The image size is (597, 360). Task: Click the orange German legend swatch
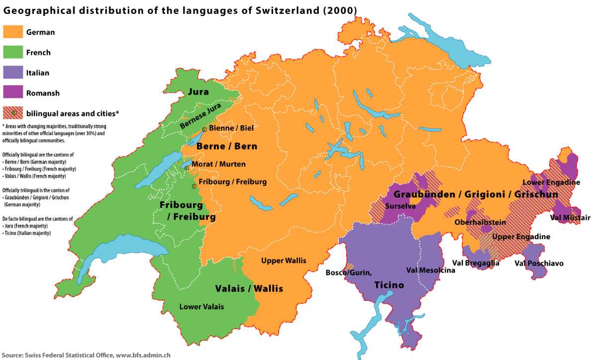pos(13,32)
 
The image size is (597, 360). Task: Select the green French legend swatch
pos(13,52)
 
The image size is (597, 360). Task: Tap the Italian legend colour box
pos(13,73)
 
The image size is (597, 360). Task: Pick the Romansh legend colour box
pos(13,92)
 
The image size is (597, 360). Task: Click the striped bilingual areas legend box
pos(13,113)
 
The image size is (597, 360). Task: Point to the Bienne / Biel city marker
pos(204,129)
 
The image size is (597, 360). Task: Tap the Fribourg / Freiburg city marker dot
pos(194,186)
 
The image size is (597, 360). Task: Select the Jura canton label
pos(198,92)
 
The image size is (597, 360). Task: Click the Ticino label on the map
pos(389,285)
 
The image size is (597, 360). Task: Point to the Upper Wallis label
pos(284,261)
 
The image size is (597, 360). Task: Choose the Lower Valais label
pos(201,306)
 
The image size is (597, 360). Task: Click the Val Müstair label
pos(570,218)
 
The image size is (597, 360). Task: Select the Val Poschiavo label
pos(539,263)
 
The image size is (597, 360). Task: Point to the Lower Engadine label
pos(551,182)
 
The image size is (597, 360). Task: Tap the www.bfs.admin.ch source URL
pos(143,355)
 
